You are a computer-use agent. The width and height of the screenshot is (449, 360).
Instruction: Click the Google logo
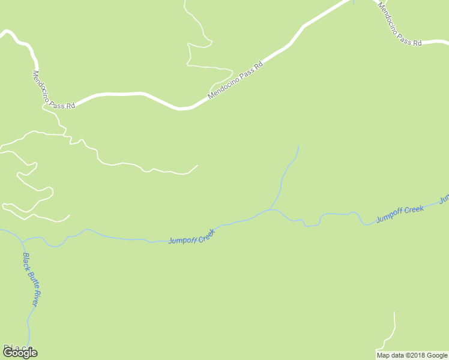point(20,353)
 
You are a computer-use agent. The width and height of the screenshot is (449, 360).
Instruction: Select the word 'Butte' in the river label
point(31,280)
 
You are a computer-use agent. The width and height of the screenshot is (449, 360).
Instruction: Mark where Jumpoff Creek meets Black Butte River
point(22,241)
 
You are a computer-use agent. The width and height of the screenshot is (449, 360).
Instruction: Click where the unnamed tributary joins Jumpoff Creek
point(270,210)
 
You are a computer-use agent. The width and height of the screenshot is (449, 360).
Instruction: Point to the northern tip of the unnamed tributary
point(298,146)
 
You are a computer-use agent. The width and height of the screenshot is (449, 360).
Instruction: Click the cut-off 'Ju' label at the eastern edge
point(444,198)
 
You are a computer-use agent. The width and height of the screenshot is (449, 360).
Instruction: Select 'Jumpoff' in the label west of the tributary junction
point(182,239)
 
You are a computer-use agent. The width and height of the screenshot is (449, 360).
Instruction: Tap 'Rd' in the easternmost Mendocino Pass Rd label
point(417,43)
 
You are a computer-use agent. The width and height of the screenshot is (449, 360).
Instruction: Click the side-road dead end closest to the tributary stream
point(197,165)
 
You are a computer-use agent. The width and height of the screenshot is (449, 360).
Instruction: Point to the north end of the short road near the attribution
point(394,312)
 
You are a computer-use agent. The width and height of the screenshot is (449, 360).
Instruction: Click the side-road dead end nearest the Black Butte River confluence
point(70,215)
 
